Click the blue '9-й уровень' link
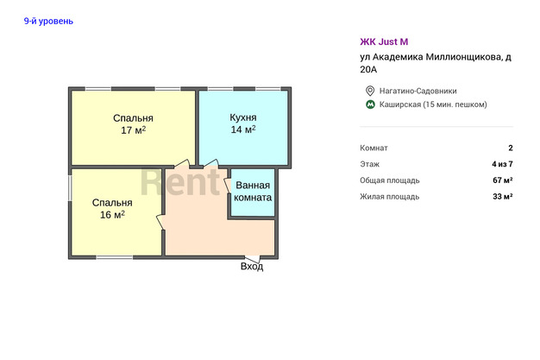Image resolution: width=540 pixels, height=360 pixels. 48,21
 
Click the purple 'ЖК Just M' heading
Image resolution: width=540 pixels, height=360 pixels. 384,41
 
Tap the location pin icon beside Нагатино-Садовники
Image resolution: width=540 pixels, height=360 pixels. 370,91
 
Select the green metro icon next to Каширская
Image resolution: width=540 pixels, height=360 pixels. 370,104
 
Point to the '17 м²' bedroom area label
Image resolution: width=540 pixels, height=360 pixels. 134,130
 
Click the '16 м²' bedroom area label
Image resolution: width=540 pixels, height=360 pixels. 112,214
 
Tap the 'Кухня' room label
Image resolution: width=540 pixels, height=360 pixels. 243,117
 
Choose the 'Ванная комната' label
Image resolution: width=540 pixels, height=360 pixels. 253,192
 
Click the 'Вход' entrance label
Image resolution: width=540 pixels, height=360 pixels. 252,266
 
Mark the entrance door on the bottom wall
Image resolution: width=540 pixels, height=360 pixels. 253,258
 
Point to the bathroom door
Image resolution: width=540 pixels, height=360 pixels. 227,186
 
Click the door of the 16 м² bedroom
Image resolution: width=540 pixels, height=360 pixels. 160,222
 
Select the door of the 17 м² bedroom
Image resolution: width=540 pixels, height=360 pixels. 181,163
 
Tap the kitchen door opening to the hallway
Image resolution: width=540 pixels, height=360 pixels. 210,163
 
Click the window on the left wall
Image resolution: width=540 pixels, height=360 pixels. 70,188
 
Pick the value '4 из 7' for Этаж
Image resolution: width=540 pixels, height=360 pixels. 502,164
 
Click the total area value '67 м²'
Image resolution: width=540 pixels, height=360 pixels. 502,180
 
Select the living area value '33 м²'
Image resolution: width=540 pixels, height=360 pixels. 502,196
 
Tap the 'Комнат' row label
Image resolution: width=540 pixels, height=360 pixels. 374,148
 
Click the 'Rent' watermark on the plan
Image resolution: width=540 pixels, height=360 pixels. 180,181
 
